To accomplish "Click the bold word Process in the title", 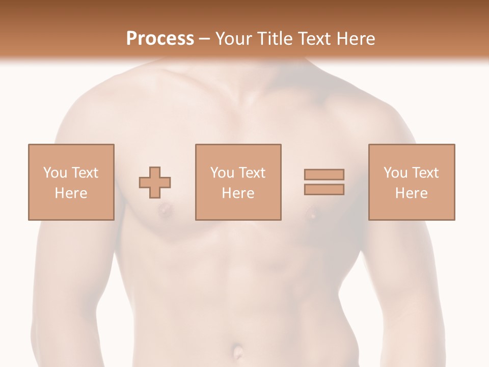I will click(x=160, y=39).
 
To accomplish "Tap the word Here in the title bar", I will click(x=354, y=39).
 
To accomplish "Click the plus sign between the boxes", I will click(x=155, y=182).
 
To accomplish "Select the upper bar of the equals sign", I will click(x=324, y=174).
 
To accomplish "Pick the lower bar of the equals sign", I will click(x=324, y=190).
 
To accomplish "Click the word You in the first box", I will click(x=55, y=173).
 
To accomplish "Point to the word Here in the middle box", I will click(x=238, y=193).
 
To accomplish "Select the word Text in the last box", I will click(x=425, y=173).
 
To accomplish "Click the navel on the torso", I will click(x=237, y=351).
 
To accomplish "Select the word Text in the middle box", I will click(x=252, y=173).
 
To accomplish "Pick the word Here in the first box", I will click(x=71, y=193).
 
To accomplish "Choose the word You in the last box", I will click(x=395, y=173).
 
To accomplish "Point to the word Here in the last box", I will click(x=411, y=193).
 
